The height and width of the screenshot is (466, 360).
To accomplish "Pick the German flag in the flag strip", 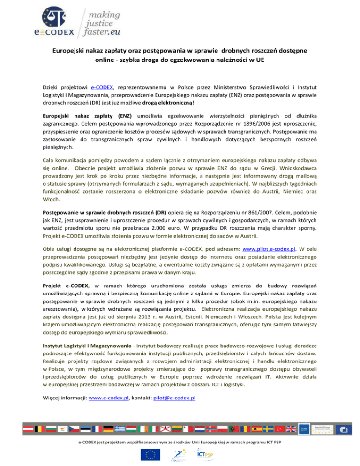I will [x=108, y=428].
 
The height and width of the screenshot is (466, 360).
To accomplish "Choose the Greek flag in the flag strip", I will [x=120, y=428].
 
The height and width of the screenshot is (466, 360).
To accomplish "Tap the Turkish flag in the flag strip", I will [x=279, y=428].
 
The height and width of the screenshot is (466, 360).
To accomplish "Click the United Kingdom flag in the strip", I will [x=290, y=428].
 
